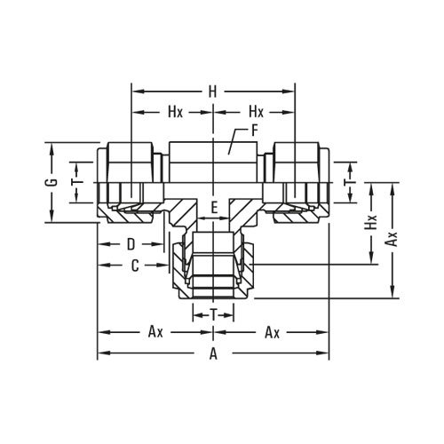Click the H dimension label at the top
tap(213, 91)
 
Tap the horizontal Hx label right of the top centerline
tap(256, 113)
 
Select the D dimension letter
tap(130, 243)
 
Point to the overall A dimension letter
tap(213, 353)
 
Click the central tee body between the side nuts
tap(213, 160)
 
